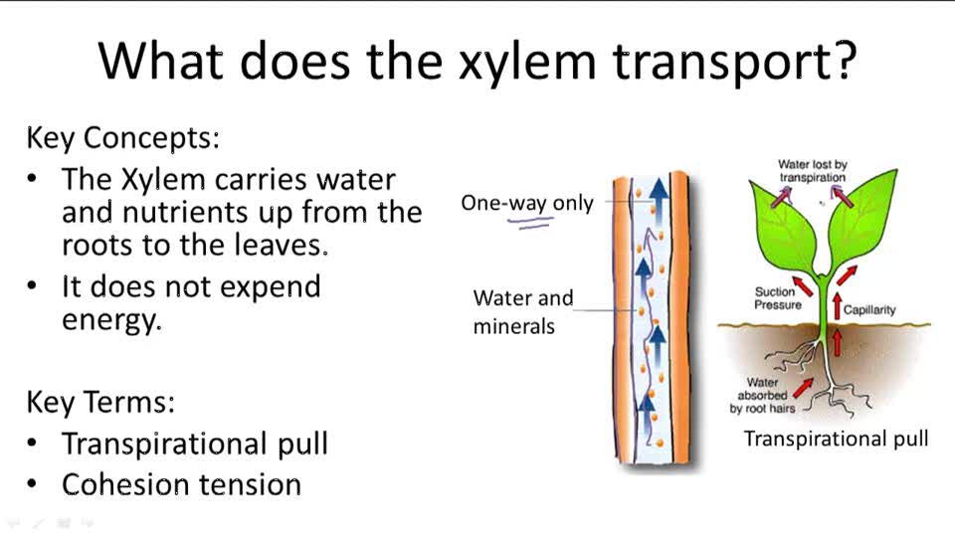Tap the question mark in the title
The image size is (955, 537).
click(844, 62)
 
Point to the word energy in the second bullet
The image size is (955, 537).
click(110, 321)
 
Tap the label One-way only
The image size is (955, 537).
click(526, 203)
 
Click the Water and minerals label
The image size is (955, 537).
click(523, 311)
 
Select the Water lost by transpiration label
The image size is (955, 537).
click(812, 170)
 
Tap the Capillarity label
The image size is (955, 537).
click(868, 309)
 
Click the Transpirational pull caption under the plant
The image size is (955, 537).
click(836, 439)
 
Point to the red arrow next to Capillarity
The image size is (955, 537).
click(837, 306)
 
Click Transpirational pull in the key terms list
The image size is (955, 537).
click(194, 444)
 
